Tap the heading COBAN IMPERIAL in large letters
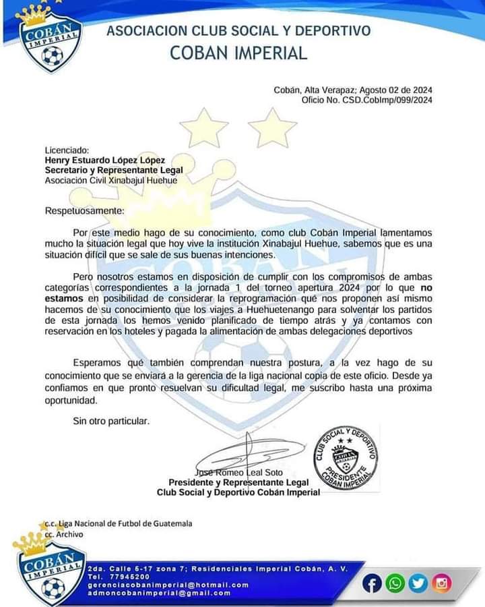pyautogui.click(x=238, y=53)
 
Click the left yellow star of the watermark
pyautogui.click(x=203, y=127)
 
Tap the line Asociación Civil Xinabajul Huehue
pyautogui.click(x=110, y=180)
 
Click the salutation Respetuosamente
pyautogui.click(x=84, y=211)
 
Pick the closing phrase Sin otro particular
pyautogui.click(x=110, y=421)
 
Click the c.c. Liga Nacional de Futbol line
pyautogui.click(x=117, y=524)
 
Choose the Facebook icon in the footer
pyautogui.click(x=372, y=583)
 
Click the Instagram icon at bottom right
pyautogui.click(x=442, y=583)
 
